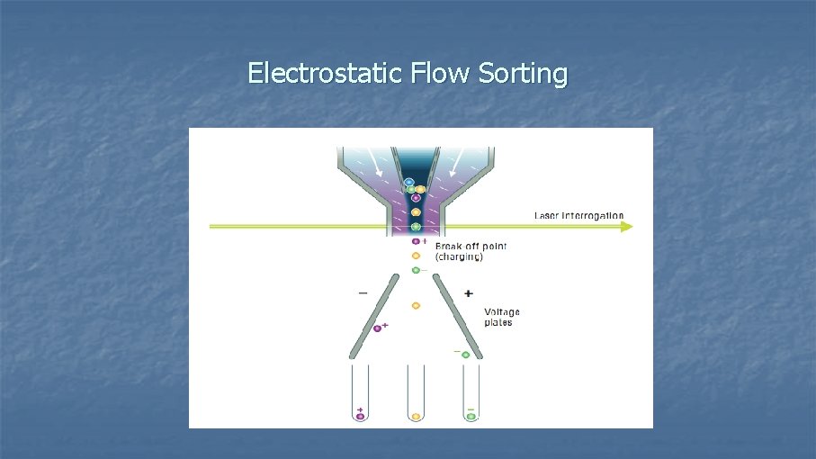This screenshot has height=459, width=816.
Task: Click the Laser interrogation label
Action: pyautogui.click(x=578, y=216)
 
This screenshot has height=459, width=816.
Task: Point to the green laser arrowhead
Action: pyautogui.click(x=626, y=226)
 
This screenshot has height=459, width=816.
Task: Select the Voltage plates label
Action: pyautogui.click(x=502, y=317)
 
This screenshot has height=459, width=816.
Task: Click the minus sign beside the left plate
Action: pyautogui.click(x=363, y=292)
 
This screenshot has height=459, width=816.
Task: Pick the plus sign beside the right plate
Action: pyautogui.click(x=468, y=293)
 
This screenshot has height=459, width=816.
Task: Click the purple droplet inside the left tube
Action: pyautogui.click(x=361, y=417)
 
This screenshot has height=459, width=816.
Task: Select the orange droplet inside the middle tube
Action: pyautogui.click(x=416, y=417)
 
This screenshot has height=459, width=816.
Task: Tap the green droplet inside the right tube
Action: pyautogui.click(x=471, y=417)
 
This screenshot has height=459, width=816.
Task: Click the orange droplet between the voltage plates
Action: pyautogui.click(x=416, y=306)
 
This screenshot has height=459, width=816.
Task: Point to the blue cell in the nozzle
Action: pyautogui.click(x=409, y=183)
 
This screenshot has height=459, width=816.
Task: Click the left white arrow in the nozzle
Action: pyautogui.click(x=378, y=167)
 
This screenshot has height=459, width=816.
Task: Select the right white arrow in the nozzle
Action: pyautogui.click(x=453, y=167)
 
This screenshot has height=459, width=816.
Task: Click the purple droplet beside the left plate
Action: pyautogui.click(x=378, y=328)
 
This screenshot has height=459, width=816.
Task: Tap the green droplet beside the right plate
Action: pyautogui.click(x=466, y=355)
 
